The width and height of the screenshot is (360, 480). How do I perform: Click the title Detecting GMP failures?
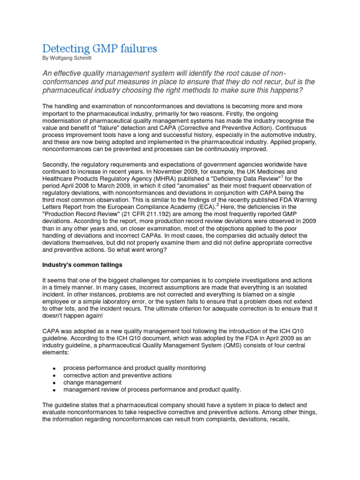click(x=99, y=48)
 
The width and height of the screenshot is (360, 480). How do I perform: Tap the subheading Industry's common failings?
click(x=82, y=265)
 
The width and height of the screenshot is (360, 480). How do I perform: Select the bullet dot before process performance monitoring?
click(x=55, y=368)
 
